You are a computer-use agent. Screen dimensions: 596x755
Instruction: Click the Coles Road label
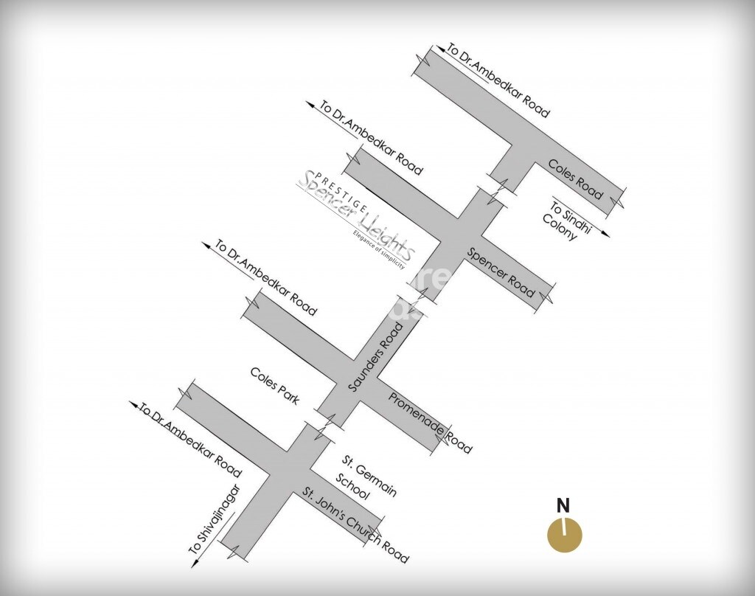575,179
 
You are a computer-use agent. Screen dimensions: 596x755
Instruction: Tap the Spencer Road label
501,272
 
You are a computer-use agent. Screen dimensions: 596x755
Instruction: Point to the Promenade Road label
430,423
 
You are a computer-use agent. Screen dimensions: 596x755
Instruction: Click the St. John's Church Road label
355,524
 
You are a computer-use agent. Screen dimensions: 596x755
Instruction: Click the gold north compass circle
565,535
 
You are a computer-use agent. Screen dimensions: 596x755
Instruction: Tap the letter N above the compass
563,506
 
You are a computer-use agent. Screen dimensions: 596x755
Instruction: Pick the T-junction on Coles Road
521,148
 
